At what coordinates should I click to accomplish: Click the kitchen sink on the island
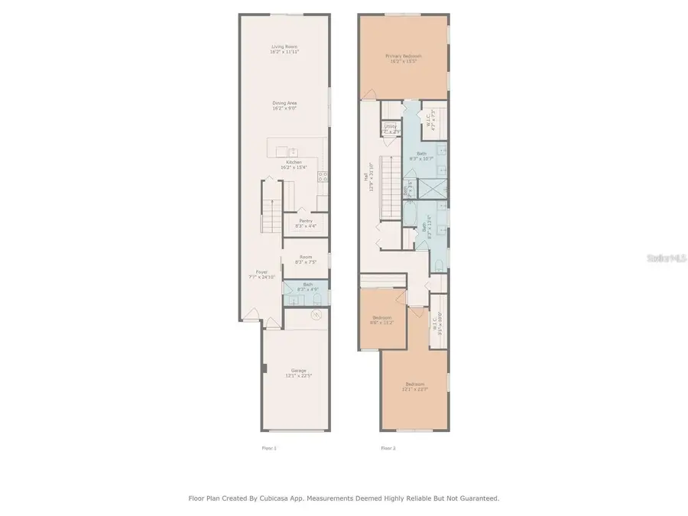point(291,151)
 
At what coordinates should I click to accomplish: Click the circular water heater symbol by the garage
point(316,314)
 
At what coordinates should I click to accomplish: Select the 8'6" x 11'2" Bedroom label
point(382,320)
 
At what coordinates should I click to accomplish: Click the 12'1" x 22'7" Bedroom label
point(415,386)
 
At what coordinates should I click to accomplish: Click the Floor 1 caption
point(269,448)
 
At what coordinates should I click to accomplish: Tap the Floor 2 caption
point(388,448)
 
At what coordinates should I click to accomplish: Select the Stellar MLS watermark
point(667,258)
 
